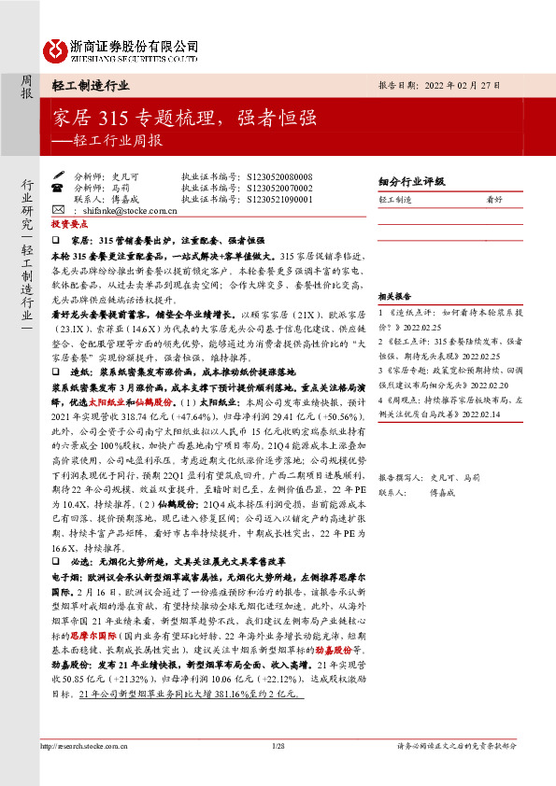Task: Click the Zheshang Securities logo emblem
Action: [x=56, y=48]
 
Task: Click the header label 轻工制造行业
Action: [x=91, y=85]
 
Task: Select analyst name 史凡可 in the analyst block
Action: [x=126, y=175]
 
